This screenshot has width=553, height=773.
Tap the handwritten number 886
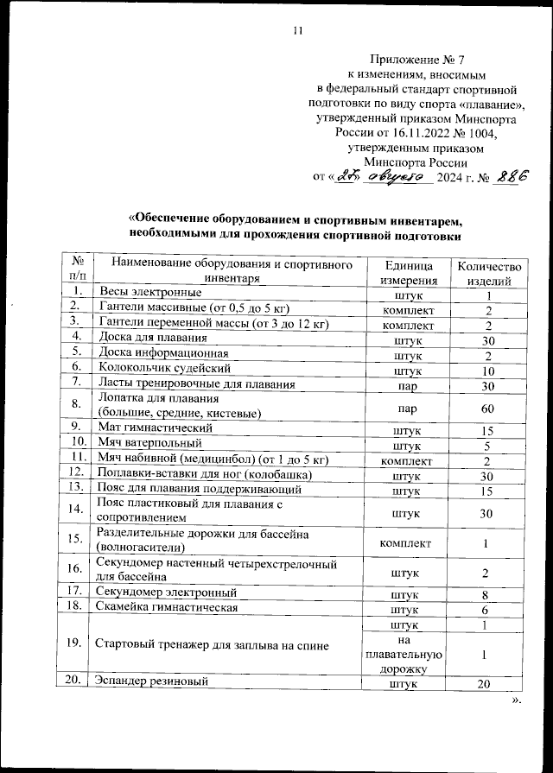(509, 175)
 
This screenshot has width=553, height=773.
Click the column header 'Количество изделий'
(488, 272)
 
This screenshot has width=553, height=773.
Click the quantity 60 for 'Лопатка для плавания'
(487, 406)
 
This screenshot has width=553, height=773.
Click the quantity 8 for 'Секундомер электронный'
(487, 593)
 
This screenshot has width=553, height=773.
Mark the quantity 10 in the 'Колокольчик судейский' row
(487, 369)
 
